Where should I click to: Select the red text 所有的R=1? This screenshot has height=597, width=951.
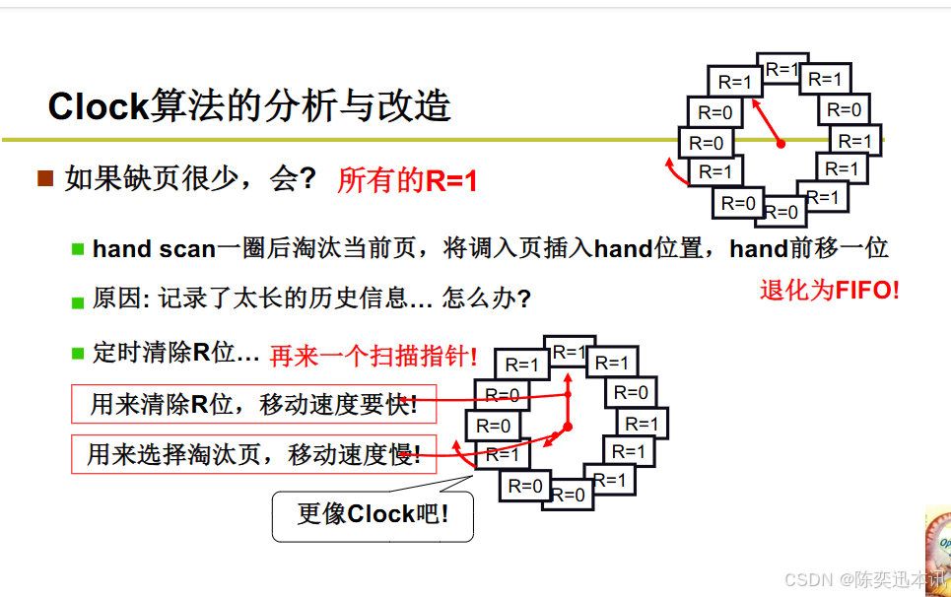coord(407,181)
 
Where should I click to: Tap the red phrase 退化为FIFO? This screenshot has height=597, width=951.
coord(829,290)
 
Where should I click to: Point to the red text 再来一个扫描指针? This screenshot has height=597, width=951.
coord(374,357)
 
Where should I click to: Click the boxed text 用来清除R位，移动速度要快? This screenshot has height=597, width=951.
coord(253,404)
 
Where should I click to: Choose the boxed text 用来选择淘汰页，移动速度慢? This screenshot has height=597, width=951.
coord(253,454)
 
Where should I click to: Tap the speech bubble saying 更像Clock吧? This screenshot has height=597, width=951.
coord(373,513)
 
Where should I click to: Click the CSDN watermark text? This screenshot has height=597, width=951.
coord(857,579)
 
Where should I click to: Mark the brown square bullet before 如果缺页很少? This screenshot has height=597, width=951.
coord(45,178)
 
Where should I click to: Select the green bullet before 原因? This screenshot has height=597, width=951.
coord(78,300)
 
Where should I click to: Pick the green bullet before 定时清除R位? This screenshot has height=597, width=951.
coord(78,352)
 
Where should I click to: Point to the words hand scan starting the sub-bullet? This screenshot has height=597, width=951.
coord(154,249)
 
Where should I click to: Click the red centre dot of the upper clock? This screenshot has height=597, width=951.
coord(781,144)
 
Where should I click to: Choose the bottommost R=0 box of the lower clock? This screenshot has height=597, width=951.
coord(569,495)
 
